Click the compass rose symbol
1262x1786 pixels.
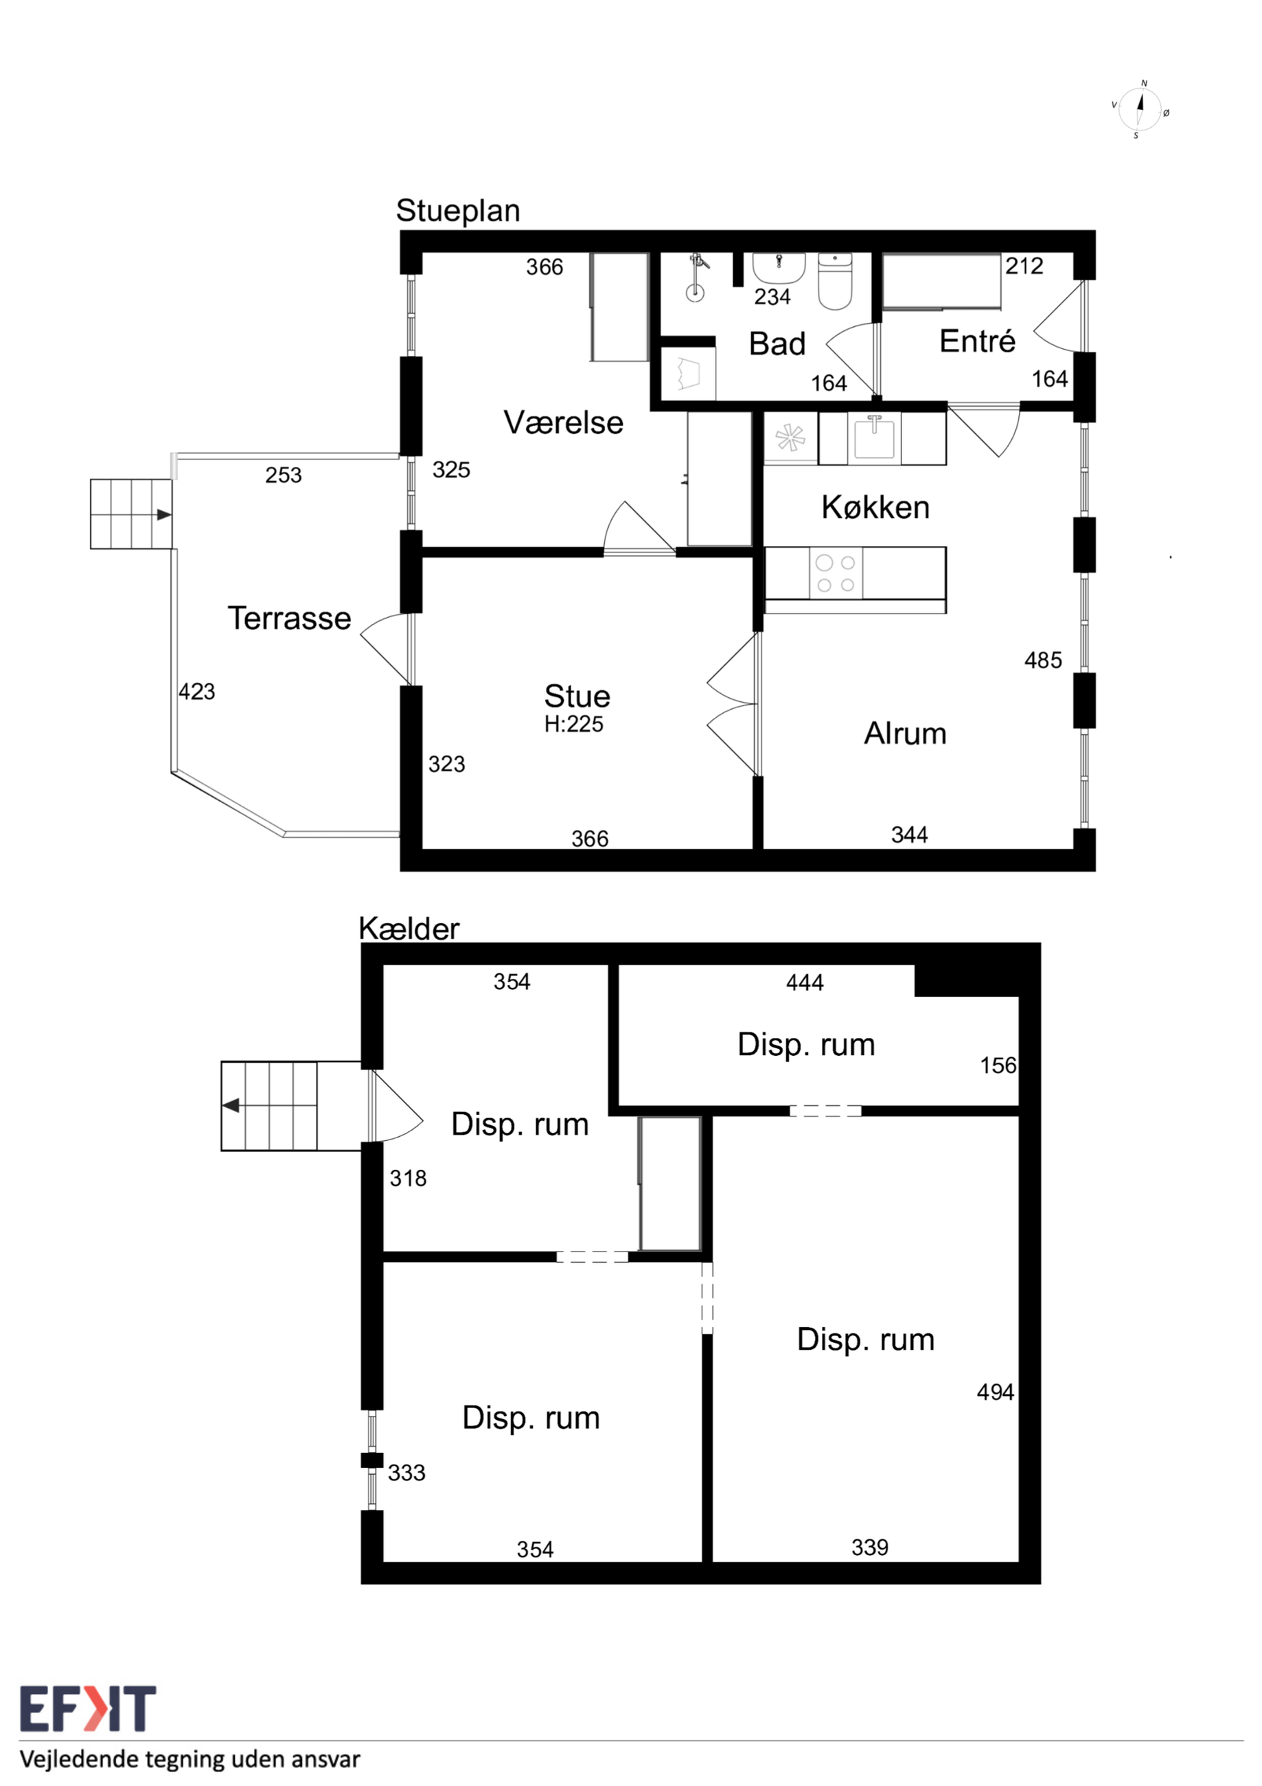click(x=1139, y=110)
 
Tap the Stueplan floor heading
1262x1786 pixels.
click(x=458, y=211)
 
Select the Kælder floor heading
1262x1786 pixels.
click(x=409, y=929)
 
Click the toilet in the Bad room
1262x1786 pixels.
click(x=835, y=281)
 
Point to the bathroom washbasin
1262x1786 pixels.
click(x=779, y=269)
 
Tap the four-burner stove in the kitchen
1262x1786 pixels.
click(x=836, y=574)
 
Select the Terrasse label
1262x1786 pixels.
click(x=289, y=618)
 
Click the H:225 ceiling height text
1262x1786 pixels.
click(x=574, y=724)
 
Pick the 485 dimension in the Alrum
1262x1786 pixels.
click(x=1043, y=660)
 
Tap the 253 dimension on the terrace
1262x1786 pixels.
click(x=283, y=475)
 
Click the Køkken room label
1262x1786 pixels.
click(x=875, y=507)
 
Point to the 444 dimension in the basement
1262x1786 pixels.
click(x=805, y=983)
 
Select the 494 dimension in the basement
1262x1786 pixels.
click(x=996, y=1392)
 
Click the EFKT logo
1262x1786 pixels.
click(x=88, y=1708)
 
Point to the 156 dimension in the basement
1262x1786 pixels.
click(x=998, y=1065)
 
